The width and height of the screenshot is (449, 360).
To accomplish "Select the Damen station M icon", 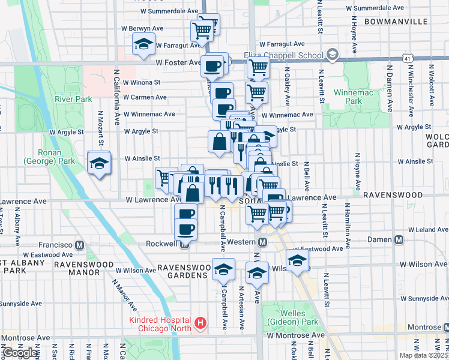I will [399, 240].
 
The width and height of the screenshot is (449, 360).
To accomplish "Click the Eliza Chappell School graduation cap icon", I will [331, 55].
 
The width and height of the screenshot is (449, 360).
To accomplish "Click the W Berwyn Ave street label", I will [143, 28].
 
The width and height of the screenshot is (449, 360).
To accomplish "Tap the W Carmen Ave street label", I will [145, 97].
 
